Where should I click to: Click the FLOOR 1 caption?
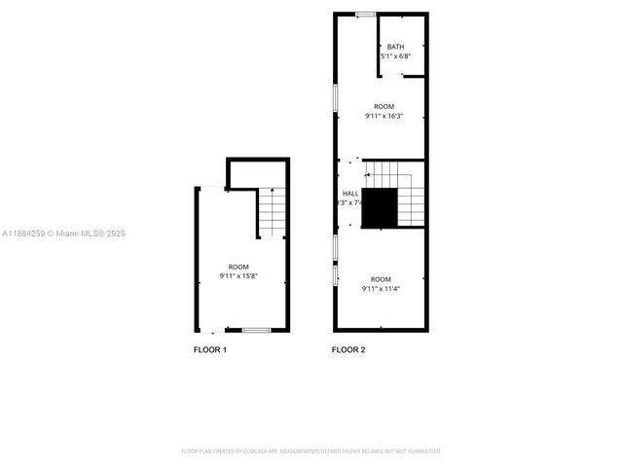pos(210,349)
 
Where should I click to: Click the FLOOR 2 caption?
pos(348,349)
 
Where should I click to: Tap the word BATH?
pos(395,47)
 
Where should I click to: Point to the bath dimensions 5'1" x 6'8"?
pos(395,56)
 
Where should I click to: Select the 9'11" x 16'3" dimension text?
pos(384,116)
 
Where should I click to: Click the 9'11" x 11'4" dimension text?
pos(381,288)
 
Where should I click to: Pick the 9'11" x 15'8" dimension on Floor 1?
pos(238,276)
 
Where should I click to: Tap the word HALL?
pos(350,194)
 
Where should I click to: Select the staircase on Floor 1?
pos(272,213)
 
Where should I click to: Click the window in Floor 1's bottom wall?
pos(256,331)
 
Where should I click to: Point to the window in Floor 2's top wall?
pos(365,14)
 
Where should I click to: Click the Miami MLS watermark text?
pos(63,233)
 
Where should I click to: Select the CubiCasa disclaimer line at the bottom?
pos(311,451)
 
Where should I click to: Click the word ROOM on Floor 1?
pos(238,267)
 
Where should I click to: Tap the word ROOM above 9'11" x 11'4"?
pos(381,278)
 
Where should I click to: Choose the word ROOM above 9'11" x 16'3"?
pos(384,106)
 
